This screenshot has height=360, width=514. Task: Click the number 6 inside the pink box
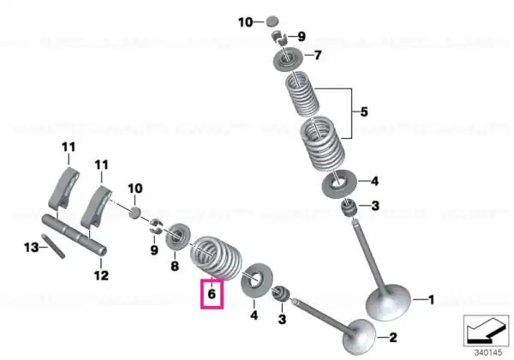[x=212, y=293]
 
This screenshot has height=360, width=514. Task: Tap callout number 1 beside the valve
[x=432, y=300]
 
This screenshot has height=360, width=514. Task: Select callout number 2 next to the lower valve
[x=393, y=338]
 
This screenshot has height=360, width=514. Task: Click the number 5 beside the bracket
[x=364, y=111]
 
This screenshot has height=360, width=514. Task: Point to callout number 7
[x=318, y=55]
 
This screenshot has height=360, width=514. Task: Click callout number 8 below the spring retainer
[x=175, y=266]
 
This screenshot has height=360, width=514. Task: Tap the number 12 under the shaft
[x=101, y=275]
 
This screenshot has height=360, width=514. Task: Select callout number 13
[x=31, y=247]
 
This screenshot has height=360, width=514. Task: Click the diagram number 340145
[x=488, y=353]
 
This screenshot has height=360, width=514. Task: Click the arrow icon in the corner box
[x=486, y=331]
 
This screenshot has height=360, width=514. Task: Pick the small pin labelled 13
[x=53, y=246]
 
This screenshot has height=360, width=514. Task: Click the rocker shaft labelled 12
[x=75, y=235]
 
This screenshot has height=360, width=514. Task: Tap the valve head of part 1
[x=388, y=302]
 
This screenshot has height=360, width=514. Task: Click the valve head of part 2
[x=360, y=337]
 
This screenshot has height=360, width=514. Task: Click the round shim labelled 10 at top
[x=272, y=21]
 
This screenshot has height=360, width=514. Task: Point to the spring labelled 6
[x=217, y=259]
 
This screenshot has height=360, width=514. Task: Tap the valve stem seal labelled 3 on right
[x=349, y=207]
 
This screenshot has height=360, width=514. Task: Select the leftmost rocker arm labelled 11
[x=64, y=188]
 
